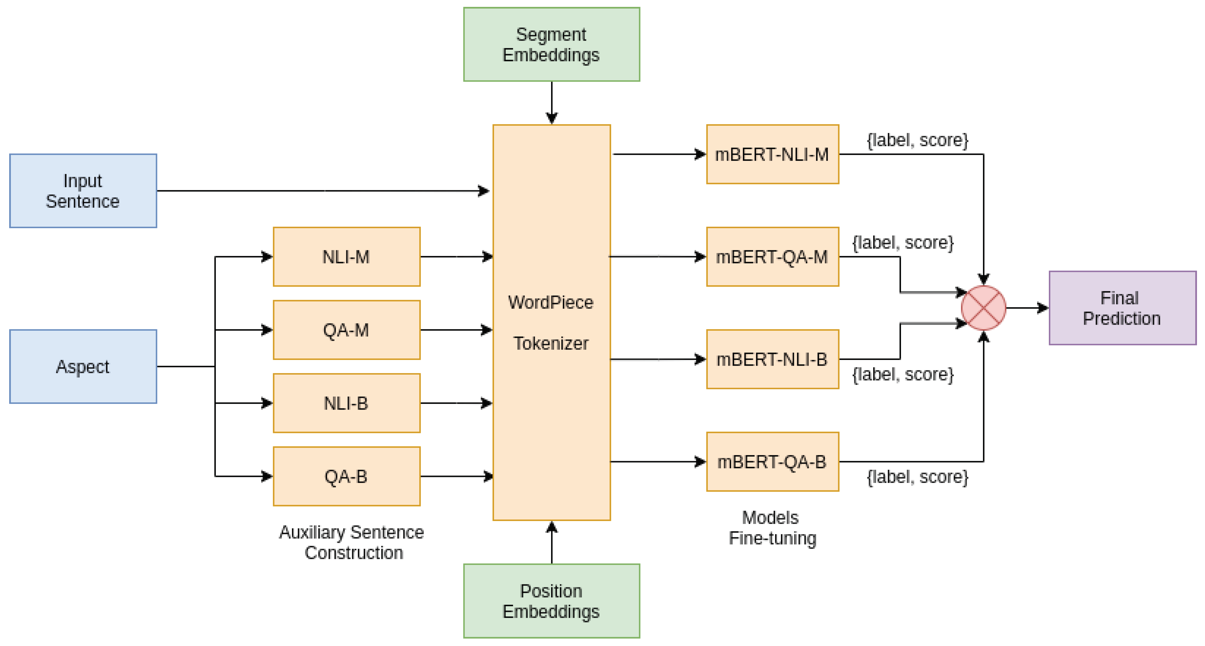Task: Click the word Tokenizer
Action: (550, 343)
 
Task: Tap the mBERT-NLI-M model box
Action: (772, 154)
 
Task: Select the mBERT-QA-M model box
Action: (772, 257)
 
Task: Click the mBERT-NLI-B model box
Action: (772, 359)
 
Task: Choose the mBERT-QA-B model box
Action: (772, 462)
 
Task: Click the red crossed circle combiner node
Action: (983, 308)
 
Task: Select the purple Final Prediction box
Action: (1122, 308)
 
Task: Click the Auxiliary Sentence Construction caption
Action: (352, 542)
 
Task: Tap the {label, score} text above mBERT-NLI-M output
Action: (917, 140)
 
